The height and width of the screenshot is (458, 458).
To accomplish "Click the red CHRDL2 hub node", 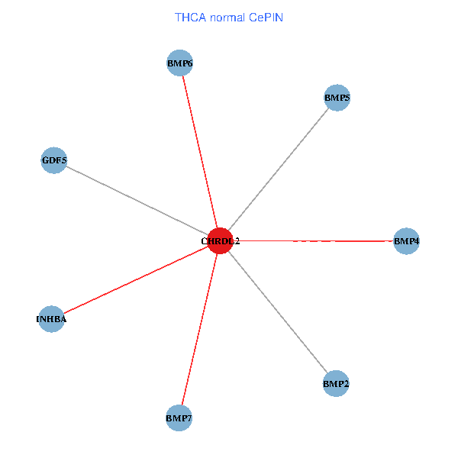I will tap(221, 240).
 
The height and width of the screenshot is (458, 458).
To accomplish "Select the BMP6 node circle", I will tap(179, 63).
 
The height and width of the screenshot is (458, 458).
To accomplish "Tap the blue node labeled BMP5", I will tap(337, 98).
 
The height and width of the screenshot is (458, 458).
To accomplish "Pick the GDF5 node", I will tap(54, 161).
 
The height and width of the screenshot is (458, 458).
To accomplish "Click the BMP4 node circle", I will tap(406, 241).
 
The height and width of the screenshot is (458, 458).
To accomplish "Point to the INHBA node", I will tap(51, 319).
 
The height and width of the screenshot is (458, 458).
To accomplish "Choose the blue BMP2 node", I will tap(336, 383).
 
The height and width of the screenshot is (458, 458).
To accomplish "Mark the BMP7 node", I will tap(179, 418).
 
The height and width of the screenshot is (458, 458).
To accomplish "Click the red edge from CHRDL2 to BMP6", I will tap(200, 152).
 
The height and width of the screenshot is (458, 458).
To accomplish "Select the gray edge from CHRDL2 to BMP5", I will tap(279, 169).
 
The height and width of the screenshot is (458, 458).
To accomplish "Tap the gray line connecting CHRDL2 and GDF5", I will tap(137, 201).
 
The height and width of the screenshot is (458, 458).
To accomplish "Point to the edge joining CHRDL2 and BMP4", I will tap(313, 241).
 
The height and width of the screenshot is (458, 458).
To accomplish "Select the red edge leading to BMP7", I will tap(199, 329).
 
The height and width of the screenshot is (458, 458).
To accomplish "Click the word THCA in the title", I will tap(190, 16).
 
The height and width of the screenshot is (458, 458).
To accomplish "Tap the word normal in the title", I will tap(227, 16).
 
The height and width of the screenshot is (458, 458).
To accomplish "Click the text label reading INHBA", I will tap(51, 319).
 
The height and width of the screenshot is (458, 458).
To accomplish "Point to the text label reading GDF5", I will tap(54, 161).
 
